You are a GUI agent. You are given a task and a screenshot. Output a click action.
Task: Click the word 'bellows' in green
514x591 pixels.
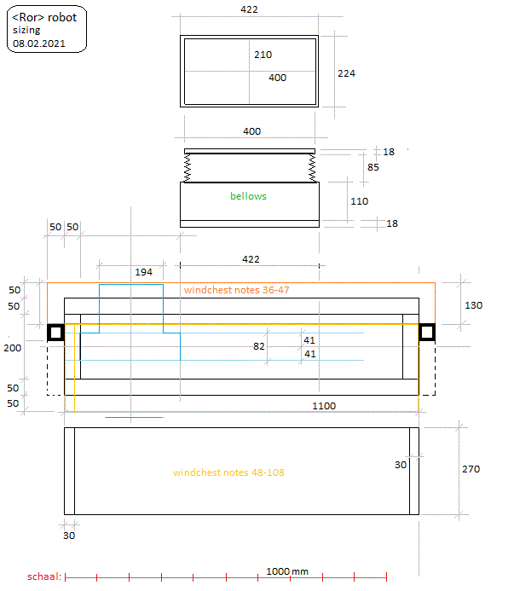pos(248,196)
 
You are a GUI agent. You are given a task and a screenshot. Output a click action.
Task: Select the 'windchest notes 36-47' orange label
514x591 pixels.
pos(237,290)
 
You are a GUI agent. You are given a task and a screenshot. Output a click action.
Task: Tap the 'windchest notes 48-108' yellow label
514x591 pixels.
pos(228,472)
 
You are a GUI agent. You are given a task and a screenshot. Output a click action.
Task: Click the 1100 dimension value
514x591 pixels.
pos(324,406)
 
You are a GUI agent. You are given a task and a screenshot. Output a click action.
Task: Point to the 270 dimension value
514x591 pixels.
pos(471,469)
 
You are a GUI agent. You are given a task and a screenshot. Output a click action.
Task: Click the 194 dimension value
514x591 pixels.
pos(144,272)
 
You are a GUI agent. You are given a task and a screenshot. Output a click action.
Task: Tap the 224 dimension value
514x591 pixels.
pos(346,73)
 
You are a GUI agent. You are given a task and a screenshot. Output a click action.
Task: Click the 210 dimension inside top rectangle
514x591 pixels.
pos(263,55)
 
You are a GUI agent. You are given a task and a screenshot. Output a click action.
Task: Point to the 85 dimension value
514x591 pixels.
pos(373,168)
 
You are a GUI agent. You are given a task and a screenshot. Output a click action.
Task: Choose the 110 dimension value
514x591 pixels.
pos(359,201)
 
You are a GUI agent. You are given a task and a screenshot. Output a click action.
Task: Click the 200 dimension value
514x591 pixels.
pos(12,348)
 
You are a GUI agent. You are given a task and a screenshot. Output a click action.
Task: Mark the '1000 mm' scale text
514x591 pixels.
pos(286,571)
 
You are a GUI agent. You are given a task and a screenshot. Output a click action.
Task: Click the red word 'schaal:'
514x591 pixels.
pos(43,577)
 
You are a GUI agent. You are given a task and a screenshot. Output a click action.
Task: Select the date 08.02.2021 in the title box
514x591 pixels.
pos(38,42)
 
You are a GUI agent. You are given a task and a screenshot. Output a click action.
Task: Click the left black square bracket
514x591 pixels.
pos(56,333)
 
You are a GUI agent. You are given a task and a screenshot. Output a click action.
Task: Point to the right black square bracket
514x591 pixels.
pos(427,333)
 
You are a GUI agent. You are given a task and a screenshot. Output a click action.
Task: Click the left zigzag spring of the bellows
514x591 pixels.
pos(188,167)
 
